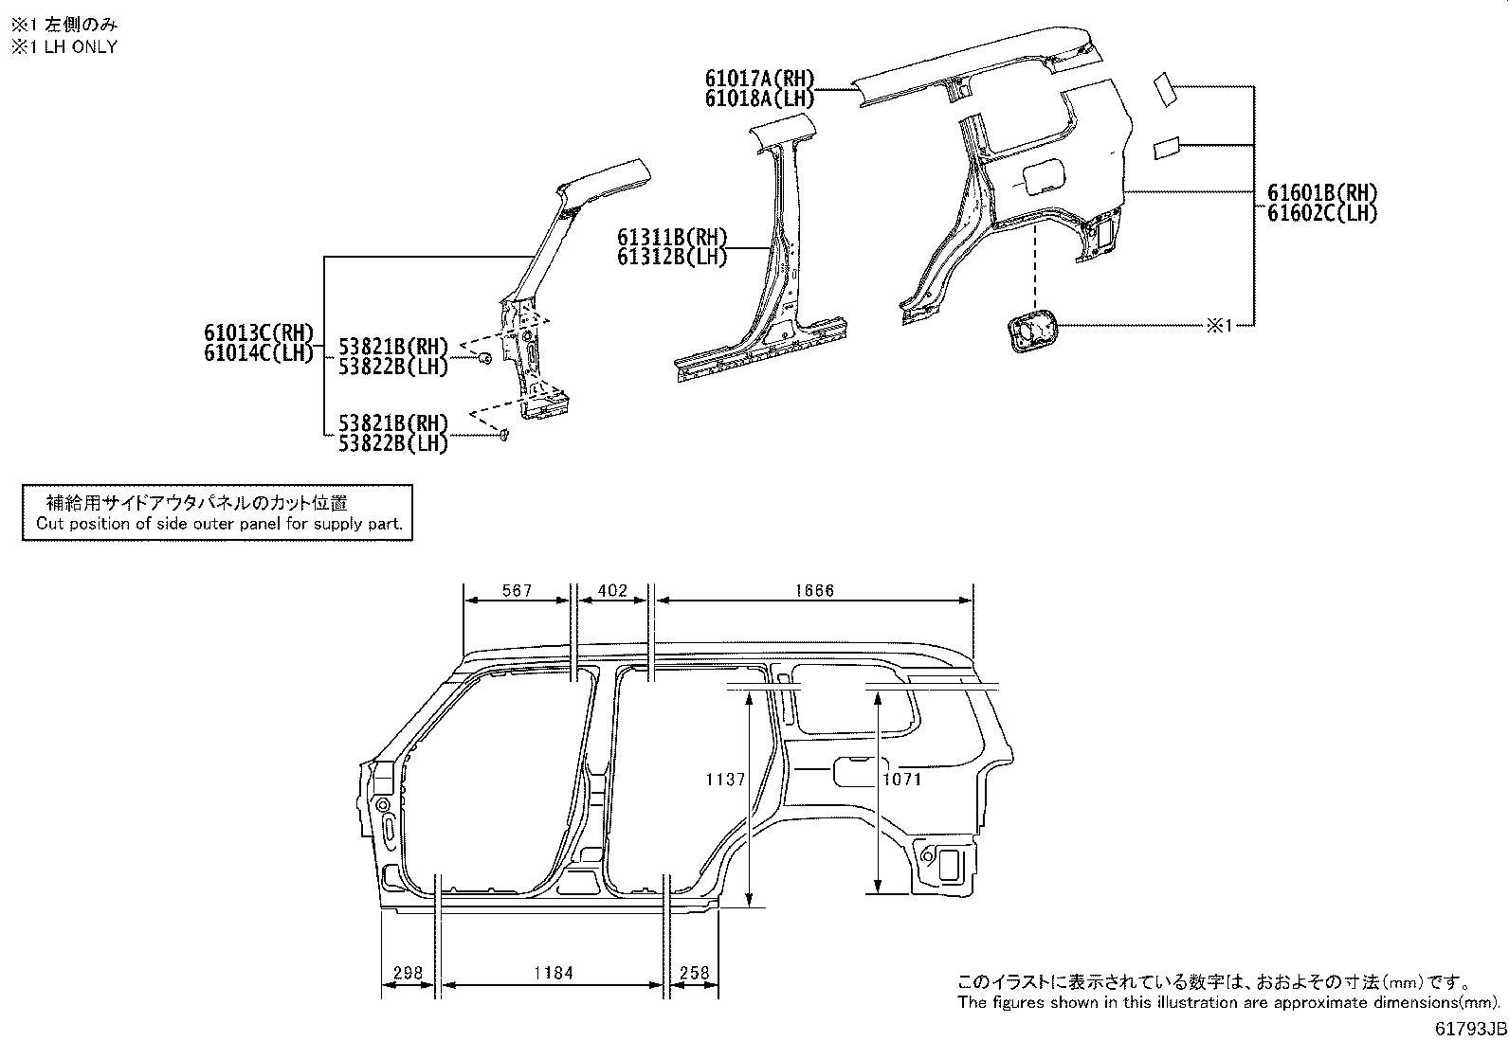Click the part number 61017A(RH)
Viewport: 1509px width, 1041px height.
coord(759,79)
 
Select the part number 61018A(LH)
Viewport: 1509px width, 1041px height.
coord(759,99)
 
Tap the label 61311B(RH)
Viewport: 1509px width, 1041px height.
coord(672,237)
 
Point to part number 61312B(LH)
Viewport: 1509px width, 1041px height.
coord(672,257)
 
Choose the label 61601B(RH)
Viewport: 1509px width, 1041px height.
coord(1321,193)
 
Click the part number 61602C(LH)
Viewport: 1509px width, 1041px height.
coord(1321,213)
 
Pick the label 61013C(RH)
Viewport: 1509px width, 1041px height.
coord(258,332)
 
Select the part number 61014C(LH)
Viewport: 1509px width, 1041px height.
coord(258,352)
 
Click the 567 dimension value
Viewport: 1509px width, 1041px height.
coord(517,591)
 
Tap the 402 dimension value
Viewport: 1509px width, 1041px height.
coord(612,591)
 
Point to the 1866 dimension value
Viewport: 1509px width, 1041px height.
coord(814,591)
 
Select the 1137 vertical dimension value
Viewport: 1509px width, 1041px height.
coord(726,780)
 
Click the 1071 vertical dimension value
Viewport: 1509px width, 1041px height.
coord(901,780)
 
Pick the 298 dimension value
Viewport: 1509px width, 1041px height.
coord(408,973)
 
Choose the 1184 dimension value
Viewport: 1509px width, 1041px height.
coord(554,973)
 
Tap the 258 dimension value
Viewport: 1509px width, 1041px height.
coord(695,973)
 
